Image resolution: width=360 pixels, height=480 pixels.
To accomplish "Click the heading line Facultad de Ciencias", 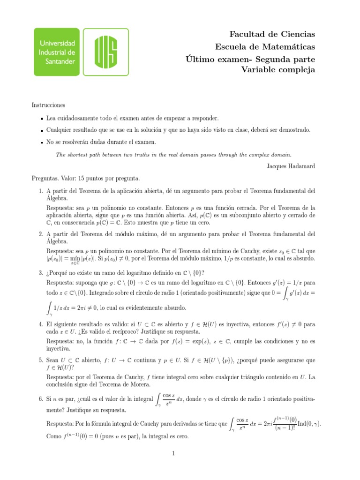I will (x=272, y=34).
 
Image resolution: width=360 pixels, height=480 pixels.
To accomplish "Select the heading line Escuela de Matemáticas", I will (x=265, y=46).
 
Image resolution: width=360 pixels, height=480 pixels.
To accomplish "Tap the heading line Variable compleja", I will (x=278, y=70).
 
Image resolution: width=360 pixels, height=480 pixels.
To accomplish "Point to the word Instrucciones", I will (x=48, y=105).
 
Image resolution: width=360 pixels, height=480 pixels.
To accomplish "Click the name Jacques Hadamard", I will (x=291, y=166).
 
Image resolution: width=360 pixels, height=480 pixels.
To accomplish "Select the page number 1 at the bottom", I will (x=173, y=453).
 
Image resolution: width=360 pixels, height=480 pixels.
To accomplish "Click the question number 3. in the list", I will (x=41, y=273).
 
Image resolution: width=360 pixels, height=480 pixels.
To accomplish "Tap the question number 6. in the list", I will (x=41, y=398).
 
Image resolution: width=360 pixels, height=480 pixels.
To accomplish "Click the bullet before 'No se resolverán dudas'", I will (x=42, y=142).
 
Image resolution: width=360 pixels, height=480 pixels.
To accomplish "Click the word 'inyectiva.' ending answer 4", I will (x=59, y=349).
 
